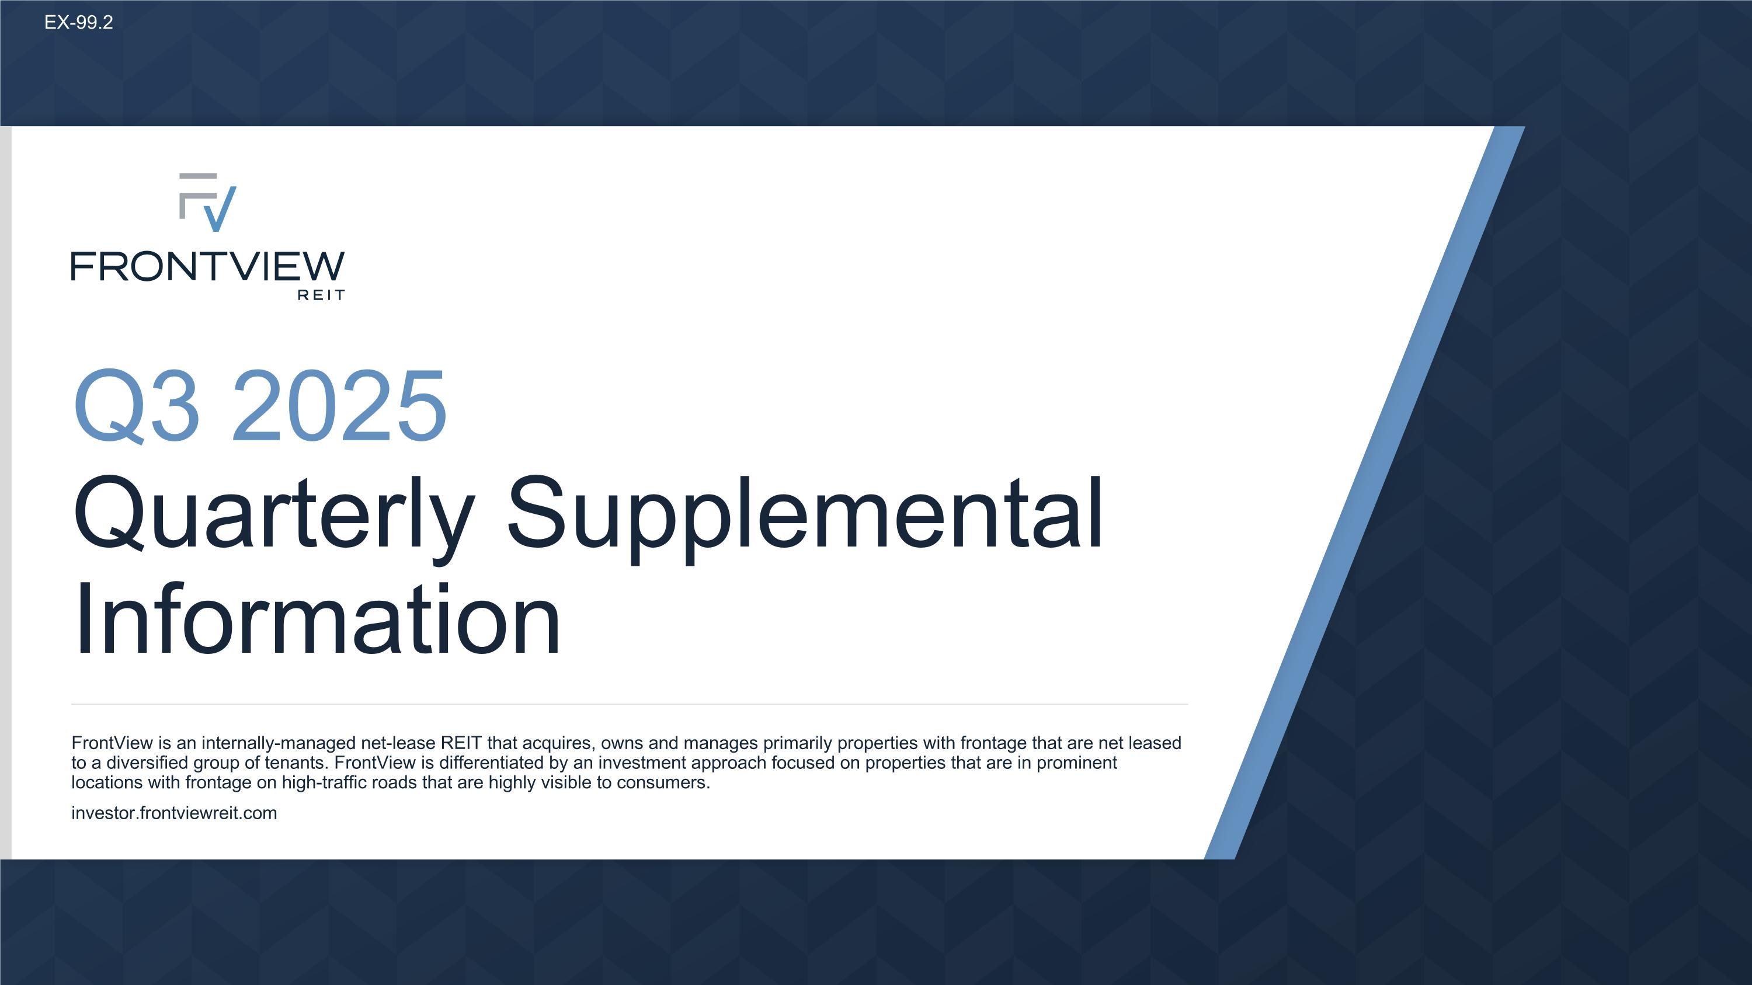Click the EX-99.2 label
tap(78, 22)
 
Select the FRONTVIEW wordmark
tap(207, 266)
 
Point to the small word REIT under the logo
tap(321, 295)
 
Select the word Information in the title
tap(317, 620)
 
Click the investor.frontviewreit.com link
tap(174, 813)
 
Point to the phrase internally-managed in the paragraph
tap(278, 743)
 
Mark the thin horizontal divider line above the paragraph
tap(629, 704)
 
